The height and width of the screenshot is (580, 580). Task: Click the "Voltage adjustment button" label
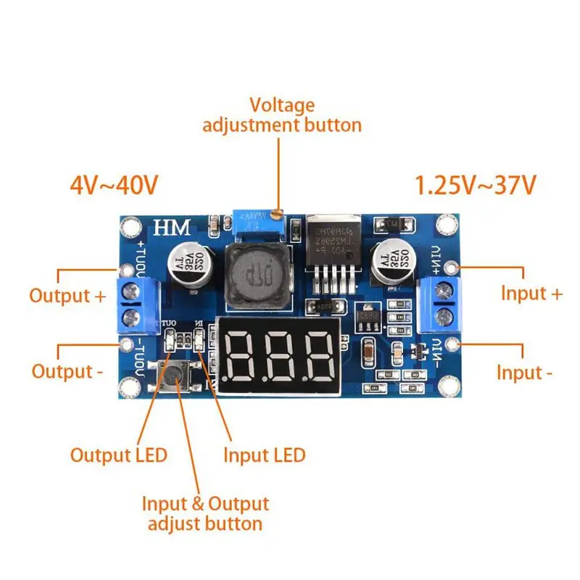pyautogui.click(x=282, y=115)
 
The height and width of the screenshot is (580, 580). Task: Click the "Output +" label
pyautogui.click(x=67, y=296)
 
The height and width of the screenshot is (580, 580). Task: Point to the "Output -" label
pyautogui.click(x=66, y=372)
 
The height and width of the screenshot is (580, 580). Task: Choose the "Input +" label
pyautogui.click(x=531, y=294)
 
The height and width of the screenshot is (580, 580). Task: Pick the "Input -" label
pyautogui.click(x=524, y=373)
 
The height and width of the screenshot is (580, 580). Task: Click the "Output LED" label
pyautogui.click(x=119, y=455)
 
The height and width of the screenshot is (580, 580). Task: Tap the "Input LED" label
pyautogui.click(x=264, y=455)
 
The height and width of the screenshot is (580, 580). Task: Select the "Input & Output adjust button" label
pyautogui.click(x=204, y=513)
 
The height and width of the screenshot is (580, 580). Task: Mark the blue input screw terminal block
pyautogui.click(x=440, y=303)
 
